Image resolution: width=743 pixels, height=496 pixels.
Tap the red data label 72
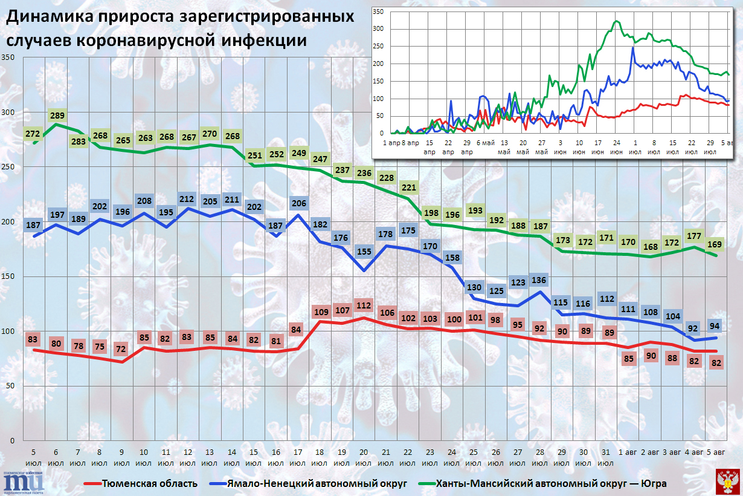tap(121, 350)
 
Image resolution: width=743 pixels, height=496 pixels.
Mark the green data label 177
tap(694, 236)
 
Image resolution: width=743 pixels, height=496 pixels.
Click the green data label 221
tap(408, 188)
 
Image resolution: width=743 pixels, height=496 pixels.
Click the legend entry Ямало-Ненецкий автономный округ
tap(314, 484)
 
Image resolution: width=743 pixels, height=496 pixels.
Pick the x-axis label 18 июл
tap(320, 457)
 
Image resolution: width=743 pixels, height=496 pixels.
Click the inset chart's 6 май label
tap(486, 142)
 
